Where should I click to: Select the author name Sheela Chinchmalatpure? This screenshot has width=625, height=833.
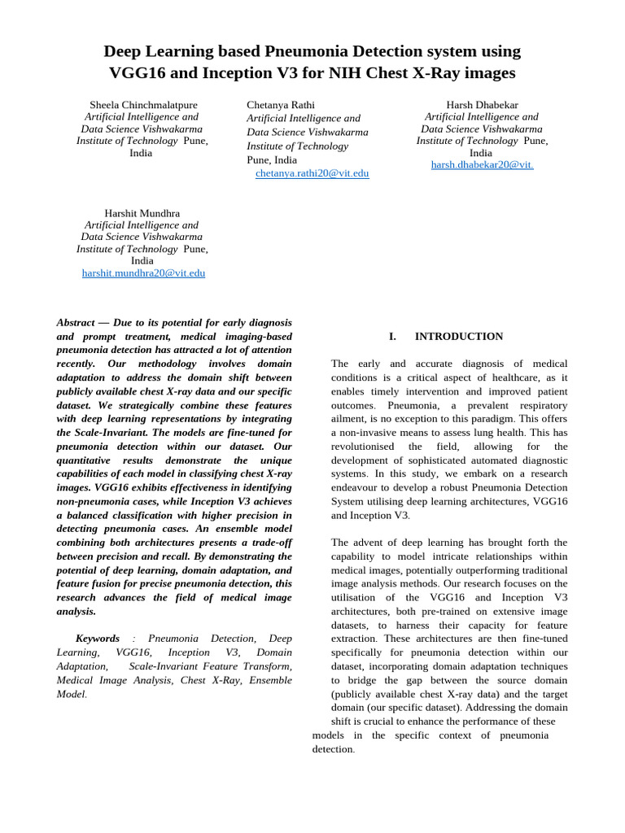coord(142,105)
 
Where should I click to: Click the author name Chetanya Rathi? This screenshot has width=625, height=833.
coord(281,105)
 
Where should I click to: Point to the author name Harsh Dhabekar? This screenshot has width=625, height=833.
coord(482,105)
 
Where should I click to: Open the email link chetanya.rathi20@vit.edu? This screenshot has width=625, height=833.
coord(312,173)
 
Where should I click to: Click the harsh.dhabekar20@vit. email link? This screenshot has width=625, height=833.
coord(482,164)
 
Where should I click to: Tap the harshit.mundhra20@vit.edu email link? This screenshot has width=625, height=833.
coord(143,273)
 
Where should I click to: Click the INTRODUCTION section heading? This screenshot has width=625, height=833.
coord(459,336)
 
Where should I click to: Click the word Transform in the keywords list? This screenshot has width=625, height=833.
coord(266,666)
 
